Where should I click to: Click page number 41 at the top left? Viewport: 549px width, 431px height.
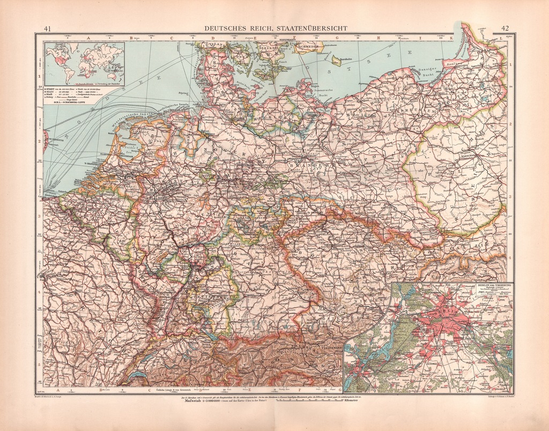tap(47, 29)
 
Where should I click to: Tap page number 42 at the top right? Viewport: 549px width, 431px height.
tap(505, 29)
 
